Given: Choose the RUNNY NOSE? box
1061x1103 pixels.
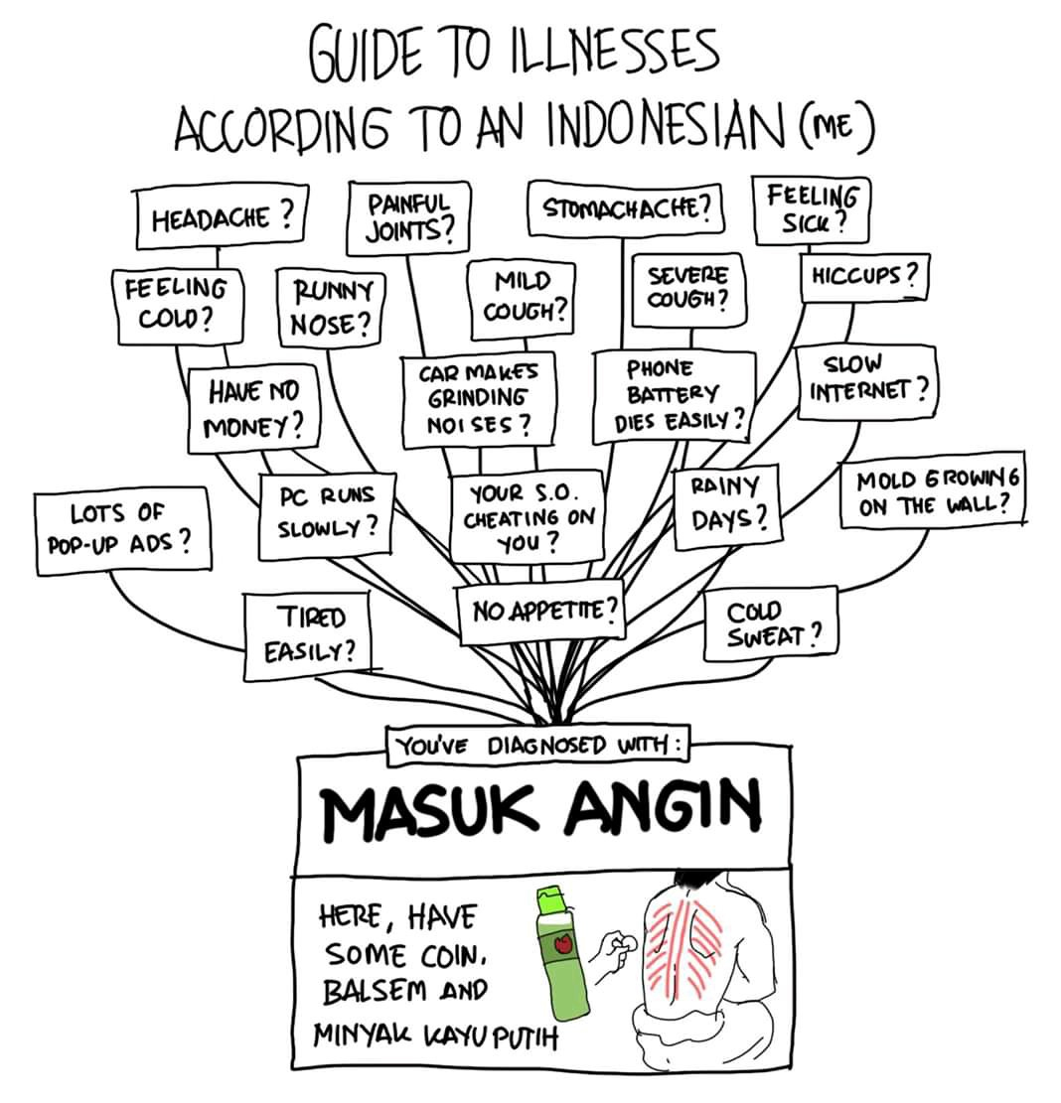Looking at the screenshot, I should (330, 306).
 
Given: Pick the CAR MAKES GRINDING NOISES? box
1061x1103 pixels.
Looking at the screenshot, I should (478, 401).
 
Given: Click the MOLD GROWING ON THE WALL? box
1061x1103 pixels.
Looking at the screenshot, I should (930, 492).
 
